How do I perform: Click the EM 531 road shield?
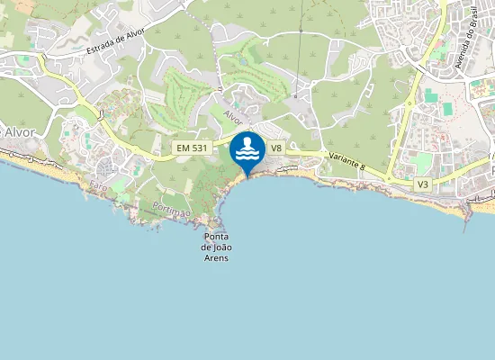(191, 147)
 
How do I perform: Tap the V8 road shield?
(276, 147)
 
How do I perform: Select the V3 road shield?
(423, 184)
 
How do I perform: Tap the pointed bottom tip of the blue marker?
(247, 176)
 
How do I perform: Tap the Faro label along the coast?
(98, 184)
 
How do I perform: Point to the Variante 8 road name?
(346, 159)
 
